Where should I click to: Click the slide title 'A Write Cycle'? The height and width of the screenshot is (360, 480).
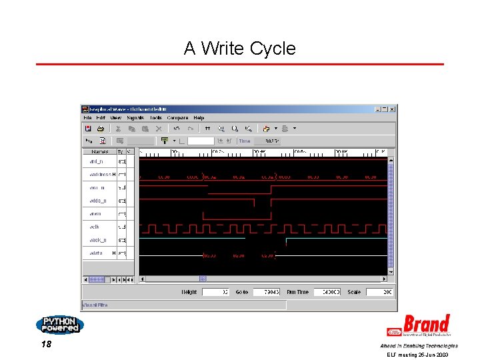point(239,49)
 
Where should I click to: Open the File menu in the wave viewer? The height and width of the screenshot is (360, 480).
point(87,118)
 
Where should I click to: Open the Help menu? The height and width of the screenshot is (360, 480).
point(199,118)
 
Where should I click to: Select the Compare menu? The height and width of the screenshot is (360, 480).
point(177,118)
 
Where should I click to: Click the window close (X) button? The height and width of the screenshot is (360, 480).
point(392,109)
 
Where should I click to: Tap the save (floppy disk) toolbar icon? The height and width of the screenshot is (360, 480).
point(88,129)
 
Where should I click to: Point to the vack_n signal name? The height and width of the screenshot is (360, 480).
point(98,240)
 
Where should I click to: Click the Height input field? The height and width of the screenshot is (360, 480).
point(215,292)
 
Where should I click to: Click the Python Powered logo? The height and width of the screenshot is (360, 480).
point(60,325)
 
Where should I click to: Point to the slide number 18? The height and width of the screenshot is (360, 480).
point(46,345)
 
